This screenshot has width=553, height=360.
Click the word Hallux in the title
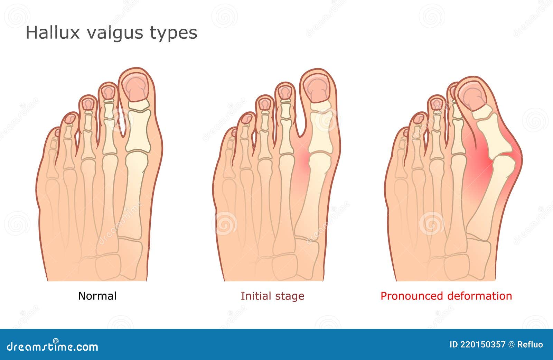[53, 33]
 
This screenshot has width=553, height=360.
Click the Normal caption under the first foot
[97, 296]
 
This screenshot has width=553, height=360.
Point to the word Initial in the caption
[256, 296]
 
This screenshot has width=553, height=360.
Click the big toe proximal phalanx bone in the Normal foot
[138, 131]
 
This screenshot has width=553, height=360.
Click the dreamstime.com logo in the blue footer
[52, 346]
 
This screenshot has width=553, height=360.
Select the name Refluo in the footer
[530, 345]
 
